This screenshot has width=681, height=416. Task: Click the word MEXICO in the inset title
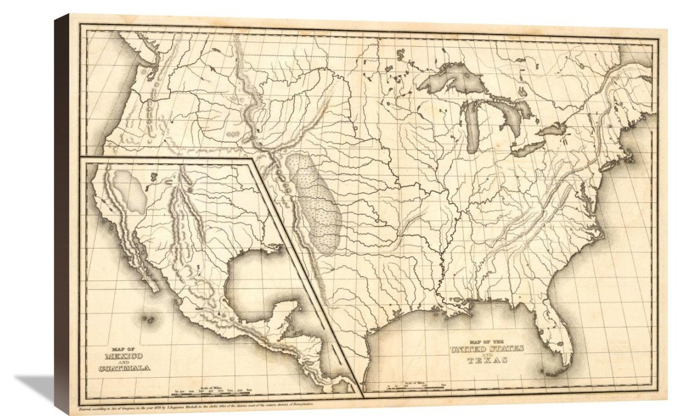tap(123, 356)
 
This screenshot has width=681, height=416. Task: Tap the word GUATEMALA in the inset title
tap(124, 368)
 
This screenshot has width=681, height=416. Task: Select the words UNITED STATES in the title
tap(487, 348)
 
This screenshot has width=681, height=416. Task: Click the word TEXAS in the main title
tap(487, 360)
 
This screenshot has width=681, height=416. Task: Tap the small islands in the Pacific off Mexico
tap(150, 319)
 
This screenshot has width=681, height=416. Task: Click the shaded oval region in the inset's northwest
tap(129, 191)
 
